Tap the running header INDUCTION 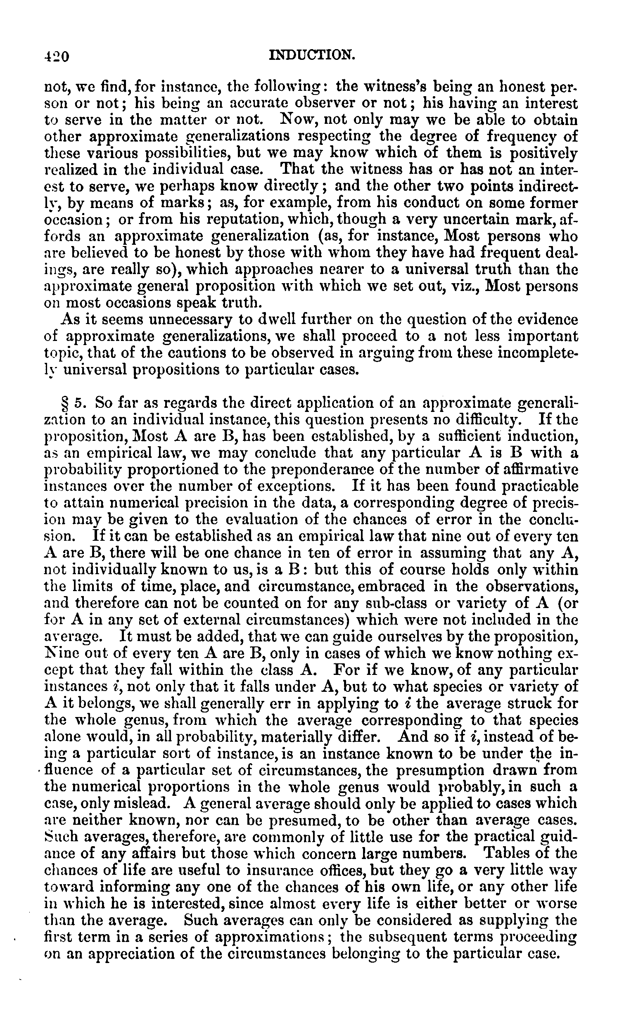tap(312, 55)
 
